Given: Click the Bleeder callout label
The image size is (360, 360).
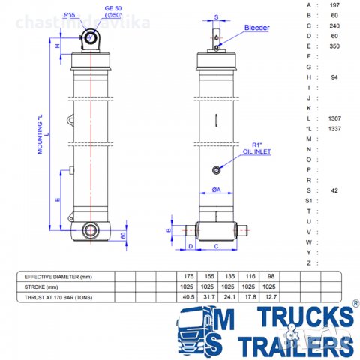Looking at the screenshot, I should pyautogui.click(x=257, y=28).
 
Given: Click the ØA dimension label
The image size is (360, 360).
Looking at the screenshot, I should pyautogui.click(x=215, y=190).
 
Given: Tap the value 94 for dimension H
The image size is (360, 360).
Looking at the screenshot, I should pyautogui.click(x=334, y=77).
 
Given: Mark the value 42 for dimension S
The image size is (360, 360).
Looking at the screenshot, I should pyautogui.click(x=334, y=191).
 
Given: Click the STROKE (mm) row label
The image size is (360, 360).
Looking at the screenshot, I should pyautogui.click(x=41, y=286).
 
